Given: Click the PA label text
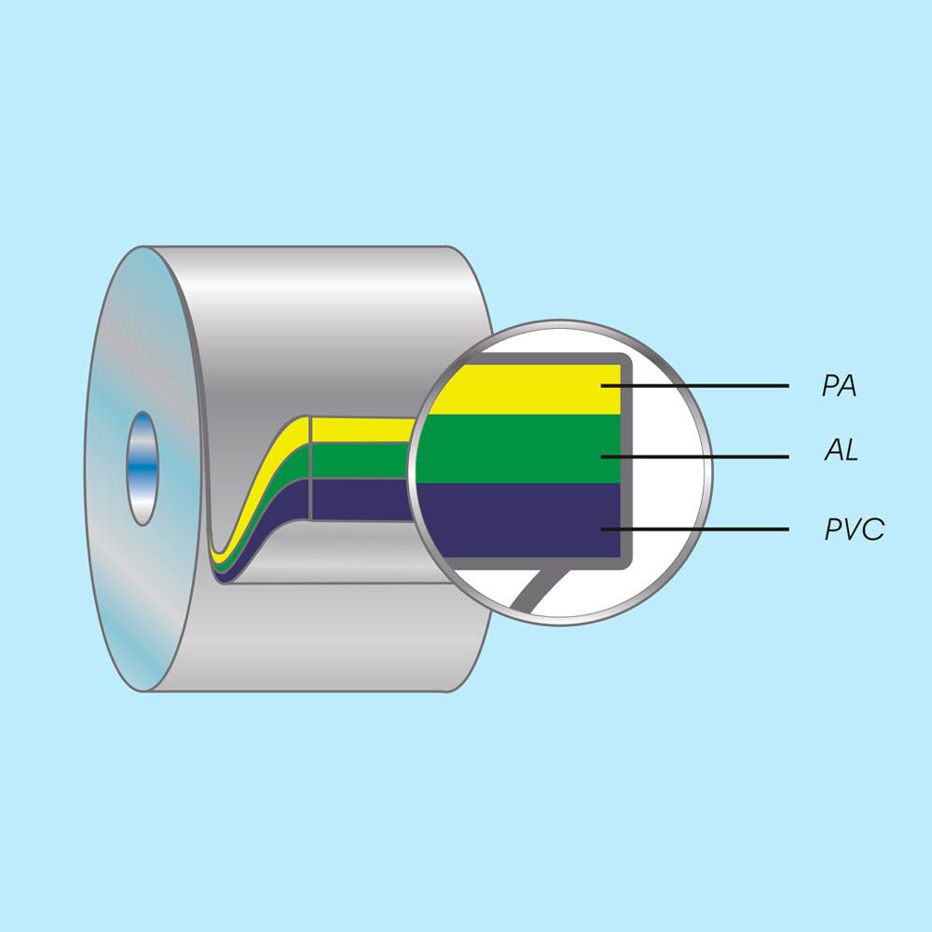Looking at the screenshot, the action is (840, 386).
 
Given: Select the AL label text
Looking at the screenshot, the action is (841, 450).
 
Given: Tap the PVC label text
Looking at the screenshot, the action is (854, 529).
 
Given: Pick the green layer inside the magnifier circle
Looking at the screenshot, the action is (518, 449).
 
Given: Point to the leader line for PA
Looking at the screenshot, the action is (694, 386).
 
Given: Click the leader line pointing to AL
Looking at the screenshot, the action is (694, 457).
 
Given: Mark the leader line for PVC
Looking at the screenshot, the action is (694, 528).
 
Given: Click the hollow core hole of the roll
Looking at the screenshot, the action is (143, 469).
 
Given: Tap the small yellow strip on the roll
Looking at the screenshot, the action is (363, 430).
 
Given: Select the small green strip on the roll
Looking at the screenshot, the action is (362, 460).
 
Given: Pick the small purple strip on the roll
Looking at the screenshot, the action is (362, 500).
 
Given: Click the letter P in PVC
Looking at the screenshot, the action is (834, 529).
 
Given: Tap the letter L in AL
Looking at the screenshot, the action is (851, 450).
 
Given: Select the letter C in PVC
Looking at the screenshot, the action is (875, 529).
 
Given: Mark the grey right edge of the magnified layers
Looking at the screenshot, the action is (626, 460).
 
